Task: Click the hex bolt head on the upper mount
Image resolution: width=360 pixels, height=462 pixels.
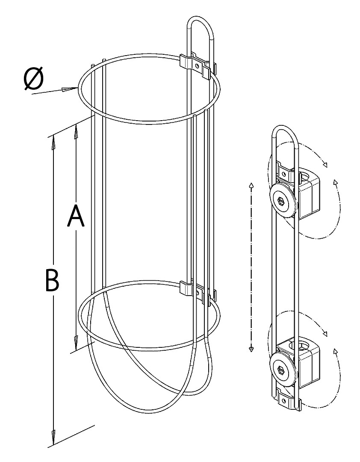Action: point(281,201)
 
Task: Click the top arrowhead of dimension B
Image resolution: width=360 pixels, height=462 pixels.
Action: point(54,141)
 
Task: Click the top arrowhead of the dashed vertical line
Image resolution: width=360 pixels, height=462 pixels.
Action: point(251,185)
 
